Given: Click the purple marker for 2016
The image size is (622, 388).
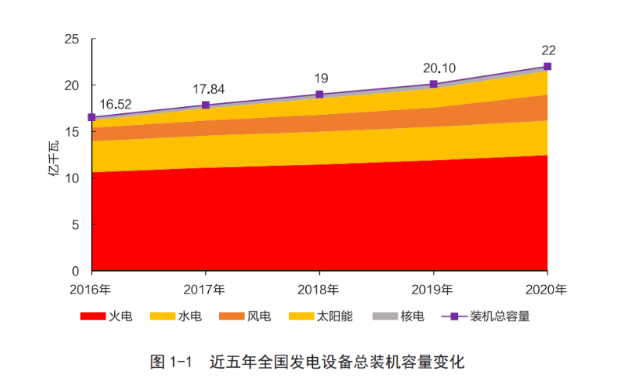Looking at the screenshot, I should coord(92,117).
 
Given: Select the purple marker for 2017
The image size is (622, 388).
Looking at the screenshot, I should coord(206,105).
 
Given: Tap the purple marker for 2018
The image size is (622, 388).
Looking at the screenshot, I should coord(319,94).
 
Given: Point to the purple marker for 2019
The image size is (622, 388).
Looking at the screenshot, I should coord(433,84).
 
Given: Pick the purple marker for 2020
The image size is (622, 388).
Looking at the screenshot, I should coord(547,66).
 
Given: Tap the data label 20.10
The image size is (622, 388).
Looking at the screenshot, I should coord(439,68).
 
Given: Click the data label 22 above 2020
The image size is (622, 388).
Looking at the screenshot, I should coord(548,50).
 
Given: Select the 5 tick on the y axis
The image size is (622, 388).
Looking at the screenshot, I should coord(75,225).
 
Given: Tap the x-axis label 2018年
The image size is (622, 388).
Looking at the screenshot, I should coord(319,289).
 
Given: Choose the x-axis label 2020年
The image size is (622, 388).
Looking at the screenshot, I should coord(547,289).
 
